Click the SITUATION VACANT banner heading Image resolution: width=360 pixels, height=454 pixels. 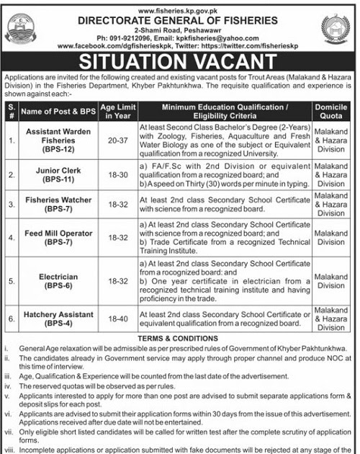pos(179,62)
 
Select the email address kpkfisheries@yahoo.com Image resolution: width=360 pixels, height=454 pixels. pos(216,35)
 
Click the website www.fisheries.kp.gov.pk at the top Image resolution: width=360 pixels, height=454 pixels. pos(181,6)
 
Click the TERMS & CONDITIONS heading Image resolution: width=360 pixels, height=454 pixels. pos(179,337)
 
